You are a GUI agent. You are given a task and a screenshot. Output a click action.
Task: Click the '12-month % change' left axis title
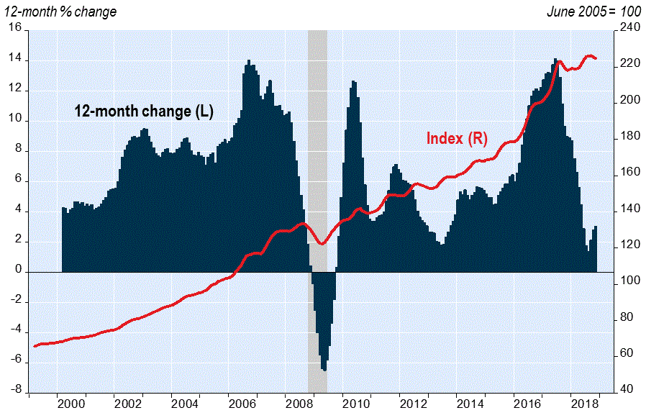(60, 12)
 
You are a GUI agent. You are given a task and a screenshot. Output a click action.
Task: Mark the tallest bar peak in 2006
(249, 61)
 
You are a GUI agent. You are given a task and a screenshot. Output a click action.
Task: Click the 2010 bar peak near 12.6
(353, 82)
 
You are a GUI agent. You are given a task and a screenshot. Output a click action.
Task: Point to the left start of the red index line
(35, 346)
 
